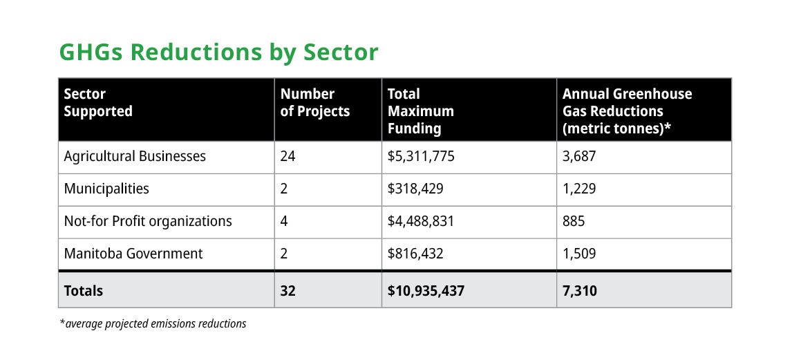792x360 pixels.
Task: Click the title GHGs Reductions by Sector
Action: (x=219, y=53)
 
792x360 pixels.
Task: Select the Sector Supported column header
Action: (x=98, y=102)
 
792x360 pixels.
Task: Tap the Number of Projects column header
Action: (x=315, y=102)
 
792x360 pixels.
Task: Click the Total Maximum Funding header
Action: (x=420, y=111)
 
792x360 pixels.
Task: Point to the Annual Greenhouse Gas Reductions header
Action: (x=627, y=111)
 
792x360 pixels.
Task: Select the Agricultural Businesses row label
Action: (x=135, y=156)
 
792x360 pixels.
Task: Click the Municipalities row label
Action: (x=106, y=189)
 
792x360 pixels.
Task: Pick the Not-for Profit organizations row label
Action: (x=148, y=221)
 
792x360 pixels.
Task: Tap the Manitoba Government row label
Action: (x=133, y=254)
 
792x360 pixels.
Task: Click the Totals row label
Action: (x=84, y=291)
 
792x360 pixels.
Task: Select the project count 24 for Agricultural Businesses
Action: (x=287, y=156)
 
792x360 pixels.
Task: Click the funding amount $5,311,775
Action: (x=421, y=156)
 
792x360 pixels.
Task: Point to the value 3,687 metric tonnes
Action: (x=579, y=156)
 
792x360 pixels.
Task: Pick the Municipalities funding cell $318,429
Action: (x=415, y=189)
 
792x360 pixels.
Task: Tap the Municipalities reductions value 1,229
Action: (x=579, y=189)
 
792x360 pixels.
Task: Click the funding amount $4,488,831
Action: (x=421, y=221)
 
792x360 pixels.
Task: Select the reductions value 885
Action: (x=574, y=221)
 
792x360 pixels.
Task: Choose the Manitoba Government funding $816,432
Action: (x=415, y=254)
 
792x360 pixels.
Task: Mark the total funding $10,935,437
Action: (x=426, y=291)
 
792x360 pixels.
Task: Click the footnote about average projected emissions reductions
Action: (x=153, y=323)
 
